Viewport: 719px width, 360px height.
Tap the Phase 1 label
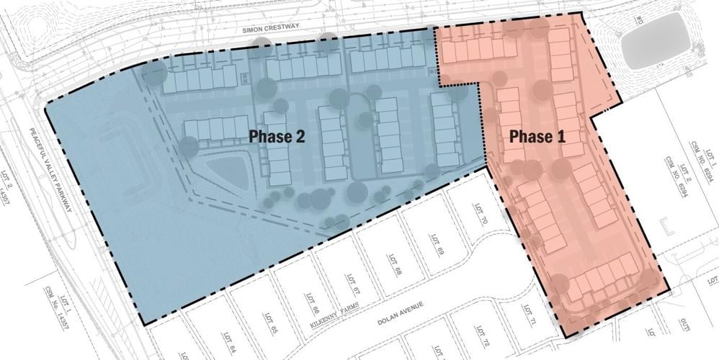pyautogui.click(x=537, y=137)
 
